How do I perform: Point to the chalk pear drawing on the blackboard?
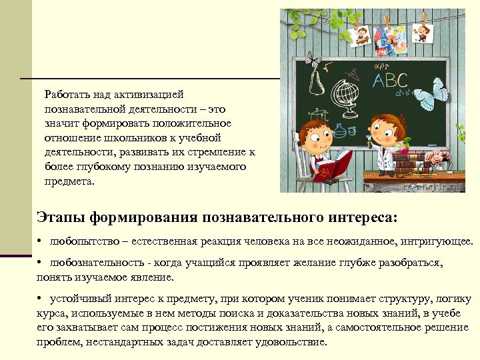pos(317,83)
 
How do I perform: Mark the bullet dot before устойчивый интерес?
pos(41,298)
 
